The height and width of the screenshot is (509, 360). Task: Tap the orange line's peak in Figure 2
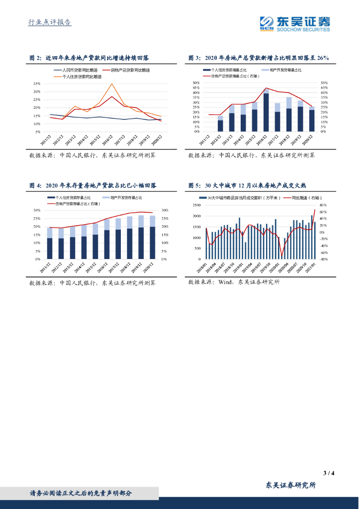coord(112,84)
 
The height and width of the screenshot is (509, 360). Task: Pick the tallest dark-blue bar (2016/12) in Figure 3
coord(266,112)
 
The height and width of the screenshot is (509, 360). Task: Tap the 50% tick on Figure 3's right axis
coord(324,83)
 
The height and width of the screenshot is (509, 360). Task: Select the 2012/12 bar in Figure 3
coord(220,125)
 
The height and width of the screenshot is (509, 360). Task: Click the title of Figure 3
coord(259,58)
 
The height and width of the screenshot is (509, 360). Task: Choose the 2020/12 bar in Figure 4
coord(152,242)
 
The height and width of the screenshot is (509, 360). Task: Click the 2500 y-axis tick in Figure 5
coord(197,205)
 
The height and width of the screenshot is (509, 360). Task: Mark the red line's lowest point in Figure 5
coord(281,256)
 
